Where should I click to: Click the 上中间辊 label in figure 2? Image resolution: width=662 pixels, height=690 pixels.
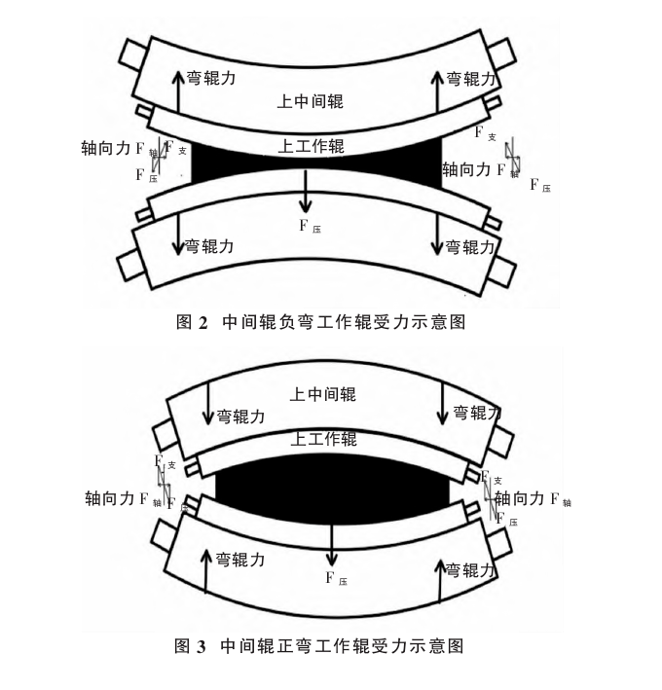pyautogui.click(x=311, y=100)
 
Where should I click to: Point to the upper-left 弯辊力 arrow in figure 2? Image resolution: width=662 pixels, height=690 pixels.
pyautogui.click(x=177, y=91)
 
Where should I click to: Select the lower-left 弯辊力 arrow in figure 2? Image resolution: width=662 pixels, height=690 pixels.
pyautogui.click(x=178, y=235)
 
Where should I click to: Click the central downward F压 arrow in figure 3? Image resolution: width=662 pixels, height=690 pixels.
pyautogui.click(x=332, y=544)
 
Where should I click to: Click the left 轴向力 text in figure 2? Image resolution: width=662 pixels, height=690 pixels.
pyautogui.click(x=108, y=148)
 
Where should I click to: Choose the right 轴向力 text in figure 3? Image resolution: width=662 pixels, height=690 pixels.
pyautogui.click(x=520, y=498)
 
